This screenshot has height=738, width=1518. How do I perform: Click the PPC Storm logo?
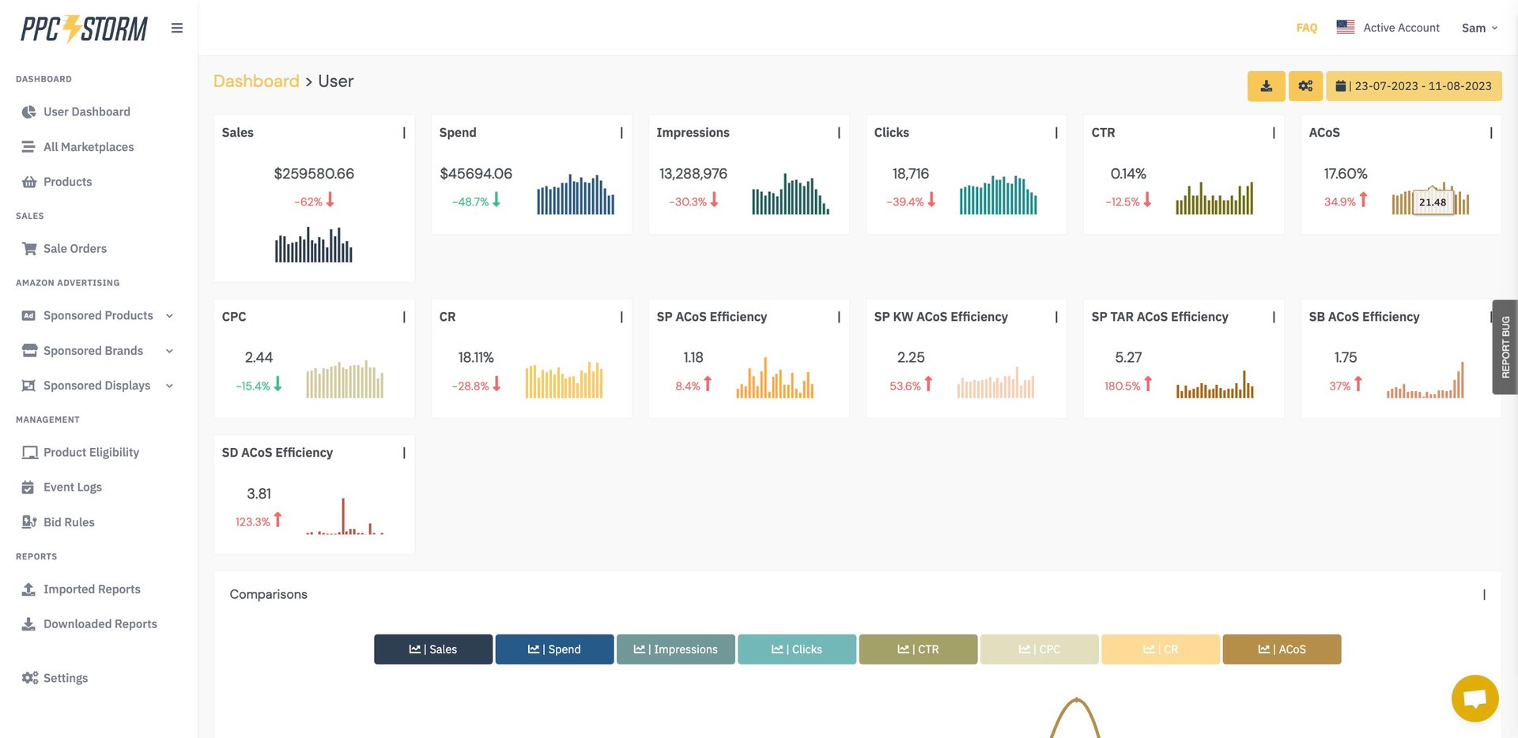[84, 29]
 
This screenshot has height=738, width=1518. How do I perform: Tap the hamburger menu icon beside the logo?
[177, 28]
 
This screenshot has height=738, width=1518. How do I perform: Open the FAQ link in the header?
[1306, 28]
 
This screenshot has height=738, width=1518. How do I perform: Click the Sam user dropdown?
[1478, 28]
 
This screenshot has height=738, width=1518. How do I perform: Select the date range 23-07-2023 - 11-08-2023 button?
[1414, 86]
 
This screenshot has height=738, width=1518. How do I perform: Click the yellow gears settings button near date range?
[1305, 86]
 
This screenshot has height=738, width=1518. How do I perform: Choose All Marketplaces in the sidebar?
[88, 147]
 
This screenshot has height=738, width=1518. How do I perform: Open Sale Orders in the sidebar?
[74, 248]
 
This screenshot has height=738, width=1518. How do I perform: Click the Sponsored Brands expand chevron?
[169, 351]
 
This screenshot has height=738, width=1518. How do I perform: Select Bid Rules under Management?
[69, 522]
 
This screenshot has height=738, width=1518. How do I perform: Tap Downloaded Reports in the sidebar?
[100, 624]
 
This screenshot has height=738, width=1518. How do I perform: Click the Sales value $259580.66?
[314, 174]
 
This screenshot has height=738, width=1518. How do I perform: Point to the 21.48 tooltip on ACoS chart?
[1432, 202]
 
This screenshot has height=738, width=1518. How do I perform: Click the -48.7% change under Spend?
[470, 202]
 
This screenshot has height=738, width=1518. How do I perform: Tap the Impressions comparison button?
[675, 650]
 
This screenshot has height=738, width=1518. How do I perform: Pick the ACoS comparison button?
[1282, 650]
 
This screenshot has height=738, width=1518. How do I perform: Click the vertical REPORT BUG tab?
[1505, 347]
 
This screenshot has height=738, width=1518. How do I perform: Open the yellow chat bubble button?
[1475, 698]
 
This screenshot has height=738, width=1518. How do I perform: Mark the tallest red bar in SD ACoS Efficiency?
[343, 515]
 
